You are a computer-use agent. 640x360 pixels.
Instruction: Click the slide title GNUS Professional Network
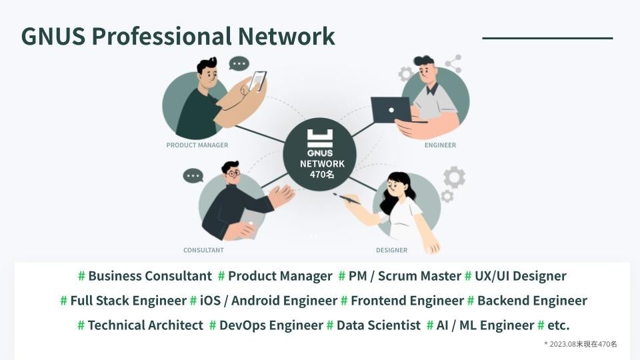coord(177,36)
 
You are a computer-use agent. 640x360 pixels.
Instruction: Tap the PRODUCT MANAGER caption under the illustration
coord(197,145)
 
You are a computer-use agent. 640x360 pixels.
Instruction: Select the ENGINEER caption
coord(440,145)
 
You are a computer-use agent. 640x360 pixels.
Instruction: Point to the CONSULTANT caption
coord(203,250)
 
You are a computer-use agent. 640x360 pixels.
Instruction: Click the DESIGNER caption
coord(391,250)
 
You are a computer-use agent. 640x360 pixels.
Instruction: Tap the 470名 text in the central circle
coord(322,175)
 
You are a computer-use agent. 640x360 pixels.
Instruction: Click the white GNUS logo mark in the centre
coord(320,138)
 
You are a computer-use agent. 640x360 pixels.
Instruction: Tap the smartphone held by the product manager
coord(257,81)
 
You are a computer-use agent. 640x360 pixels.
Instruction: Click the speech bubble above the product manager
coord(239,64)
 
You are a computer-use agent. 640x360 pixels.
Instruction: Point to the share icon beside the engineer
coord(453,64)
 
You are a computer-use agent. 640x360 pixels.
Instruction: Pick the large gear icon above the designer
coord(455,177)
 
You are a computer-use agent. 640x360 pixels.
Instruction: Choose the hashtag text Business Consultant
coord(149,276)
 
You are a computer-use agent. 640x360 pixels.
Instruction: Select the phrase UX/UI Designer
coord(520,276)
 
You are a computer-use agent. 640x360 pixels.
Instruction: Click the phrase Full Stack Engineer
coord(128,301)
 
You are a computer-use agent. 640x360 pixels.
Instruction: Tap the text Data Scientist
coord(378,325)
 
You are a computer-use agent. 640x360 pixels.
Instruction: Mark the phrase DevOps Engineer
coord(271,325)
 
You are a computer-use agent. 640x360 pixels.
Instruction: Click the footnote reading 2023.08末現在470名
coord(582,344)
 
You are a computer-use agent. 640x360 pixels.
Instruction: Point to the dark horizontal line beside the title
coord(547,38)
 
